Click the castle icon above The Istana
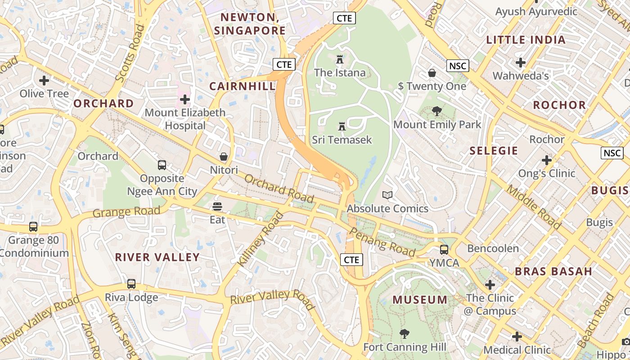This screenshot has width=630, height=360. click(x=340, y=59)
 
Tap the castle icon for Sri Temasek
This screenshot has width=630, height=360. click(x=342, y=126)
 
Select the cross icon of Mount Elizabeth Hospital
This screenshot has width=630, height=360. click(x=184, y=99)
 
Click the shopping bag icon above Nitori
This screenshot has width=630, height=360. click(x=224, y=157)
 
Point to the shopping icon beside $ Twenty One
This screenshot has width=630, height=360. click(x=432, y=73)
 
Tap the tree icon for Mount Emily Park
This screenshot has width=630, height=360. click(x=436, y=111)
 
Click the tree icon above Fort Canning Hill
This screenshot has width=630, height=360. click(x=405, y=333)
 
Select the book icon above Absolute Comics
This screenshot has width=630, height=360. click(x=387, y=195)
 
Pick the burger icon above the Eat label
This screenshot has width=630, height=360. click(x=217, y=207)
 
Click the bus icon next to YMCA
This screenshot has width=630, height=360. click(x=444, y=249)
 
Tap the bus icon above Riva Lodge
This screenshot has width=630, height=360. click(x=131, y=284)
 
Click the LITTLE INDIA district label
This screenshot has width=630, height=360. click(x=526, y=40)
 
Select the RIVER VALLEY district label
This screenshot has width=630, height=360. click(x=157, y=257)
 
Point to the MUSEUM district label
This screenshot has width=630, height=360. click(x=420, y=300)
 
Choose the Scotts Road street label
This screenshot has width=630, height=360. click(x=130, y=53)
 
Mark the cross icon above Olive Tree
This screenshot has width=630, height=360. click(x=44, y=81)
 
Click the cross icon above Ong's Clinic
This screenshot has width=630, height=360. click(x=547, y=160)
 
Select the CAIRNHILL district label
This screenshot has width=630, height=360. click(x=242, y=86)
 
